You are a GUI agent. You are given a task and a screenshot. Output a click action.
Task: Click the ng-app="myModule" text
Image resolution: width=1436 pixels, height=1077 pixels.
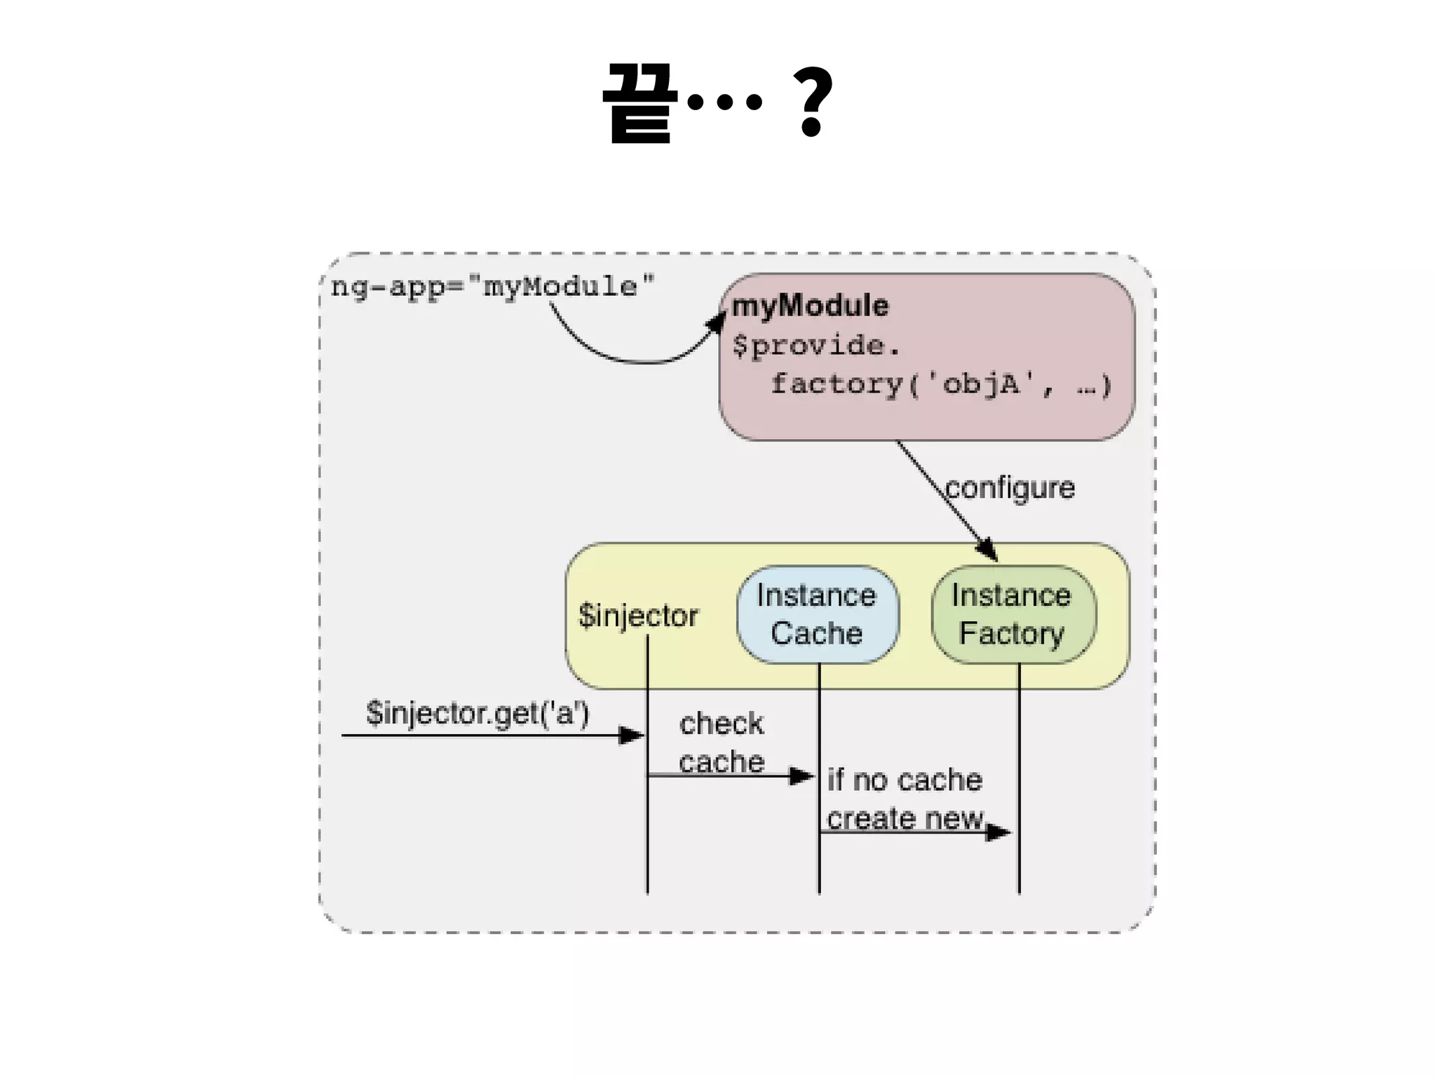coord(492,287)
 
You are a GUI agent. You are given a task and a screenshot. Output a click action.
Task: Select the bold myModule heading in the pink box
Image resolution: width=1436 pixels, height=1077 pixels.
coord(810,306)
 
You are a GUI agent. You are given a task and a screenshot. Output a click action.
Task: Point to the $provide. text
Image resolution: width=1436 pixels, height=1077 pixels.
coord(815,346)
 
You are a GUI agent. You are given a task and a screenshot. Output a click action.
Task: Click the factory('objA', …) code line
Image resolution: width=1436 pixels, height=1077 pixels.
coord(940,384)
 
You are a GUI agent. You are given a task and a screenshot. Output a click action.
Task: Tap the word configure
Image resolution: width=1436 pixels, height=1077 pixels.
coord(1010,488)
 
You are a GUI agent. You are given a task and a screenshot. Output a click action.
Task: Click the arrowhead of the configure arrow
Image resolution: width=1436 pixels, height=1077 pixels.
coord(988,550)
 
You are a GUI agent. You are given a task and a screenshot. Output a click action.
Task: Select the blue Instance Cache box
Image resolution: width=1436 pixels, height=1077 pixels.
coord(817,615)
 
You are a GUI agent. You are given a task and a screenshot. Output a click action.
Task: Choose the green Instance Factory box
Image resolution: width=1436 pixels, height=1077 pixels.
coord(1012,615)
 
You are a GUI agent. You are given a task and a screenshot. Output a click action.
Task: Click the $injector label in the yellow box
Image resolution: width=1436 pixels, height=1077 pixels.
coord(638,616)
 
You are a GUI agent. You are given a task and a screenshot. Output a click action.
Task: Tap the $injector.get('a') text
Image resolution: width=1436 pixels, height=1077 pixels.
coord(477,713)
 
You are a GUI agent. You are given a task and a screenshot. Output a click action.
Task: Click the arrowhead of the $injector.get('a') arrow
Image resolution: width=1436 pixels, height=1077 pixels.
coord(632,736)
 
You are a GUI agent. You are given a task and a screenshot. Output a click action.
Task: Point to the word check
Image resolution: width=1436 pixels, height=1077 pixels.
coord(721,724)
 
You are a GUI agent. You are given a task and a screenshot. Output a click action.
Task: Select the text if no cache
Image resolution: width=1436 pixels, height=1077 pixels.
coord(905,780)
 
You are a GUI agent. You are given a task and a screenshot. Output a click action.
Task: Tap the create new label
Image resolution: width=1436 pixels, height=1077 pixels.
coord(905,818)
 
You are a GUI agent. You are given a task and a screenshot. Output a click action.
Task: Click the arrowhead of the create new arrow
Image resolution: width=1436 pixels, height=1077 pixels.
coord(998,832)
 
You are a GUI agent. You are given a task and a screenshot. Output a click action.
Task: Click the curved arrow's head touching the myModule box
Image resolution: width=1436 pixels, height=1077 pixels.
coord(717,322)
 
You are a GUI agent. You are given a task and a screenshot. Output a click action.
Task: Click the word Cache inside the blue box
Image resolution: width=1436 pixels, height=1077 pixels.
coord(817,633)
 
